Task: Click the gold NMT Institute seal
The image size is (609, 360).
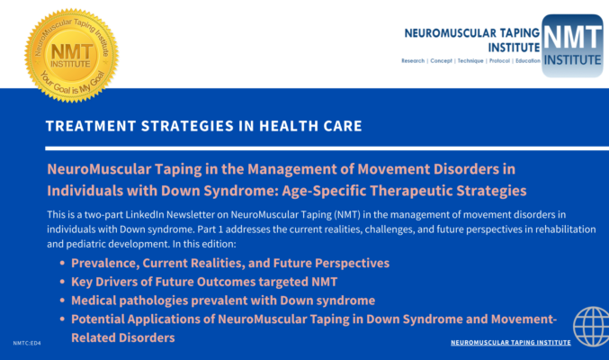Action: (x=71, y=56)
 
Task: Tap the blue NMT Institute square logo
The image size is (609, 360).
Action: (x=572, y=46)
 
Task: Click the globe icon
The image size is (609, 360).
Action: (x=591, y=327)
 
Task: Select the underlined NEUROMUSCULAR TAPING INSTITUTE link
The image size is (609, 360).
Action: (x=511, y=343)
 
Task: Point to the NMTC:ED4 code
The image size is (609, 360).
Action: (x=27, y=343)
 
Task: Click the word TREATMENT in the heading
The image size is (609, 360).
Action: (x=91, y=126)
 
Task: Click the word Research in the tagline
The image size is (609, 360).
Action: (x=413, y=60)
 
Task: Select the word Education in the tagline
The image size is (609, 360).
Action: (x=528, y=60)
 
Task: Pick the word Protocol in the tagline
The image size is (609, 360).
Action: (x=499, y=60)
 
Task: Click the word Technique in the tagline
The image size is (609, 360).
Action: (x=470, y=60)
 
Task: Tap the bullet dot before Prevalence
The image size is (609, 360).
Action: (x=62, y=263)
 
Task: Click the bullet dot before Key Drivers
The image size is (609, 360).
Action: (x=62, y=282)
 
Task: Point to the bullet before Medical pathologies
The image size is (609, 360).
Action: (x=62, y=301)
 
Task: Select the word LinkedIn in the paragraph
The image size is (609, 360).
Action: (x=143, y=214)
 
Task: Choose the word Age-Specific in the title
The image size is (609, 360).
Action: (x=324, y=191)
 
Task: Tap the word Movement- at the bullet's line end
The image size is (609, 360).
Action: (x=524, y=319)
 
